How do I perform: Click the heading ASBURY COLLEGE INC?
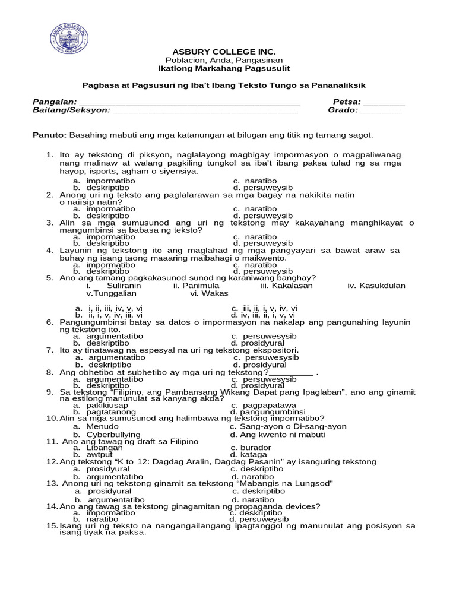tap(224, 52)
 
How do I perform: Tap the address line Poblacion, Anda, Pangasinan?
tap(224, 61)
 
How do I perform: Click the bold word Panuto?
tap(50, 135)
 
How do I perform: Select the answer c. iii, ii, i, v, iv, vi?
tap(264, 308)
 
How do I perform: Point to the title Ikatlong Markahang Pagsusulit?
tap(224, 69)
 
